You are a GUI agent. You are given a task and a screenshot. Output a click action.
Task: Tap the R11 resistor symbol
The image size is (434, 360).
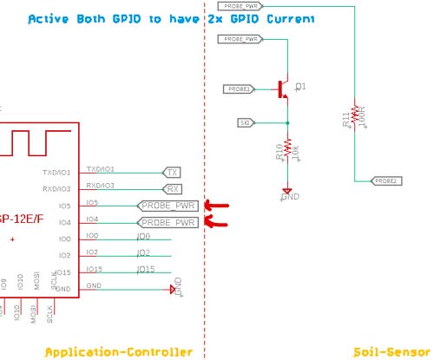[x=355, y=120]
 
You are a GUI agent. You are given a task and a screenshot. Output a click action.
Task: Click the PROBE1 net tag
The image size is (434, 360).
[x=239, y=88]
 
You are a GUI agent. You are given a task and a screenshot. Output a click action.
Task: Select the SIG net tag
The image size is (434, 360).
[x=245, y=123]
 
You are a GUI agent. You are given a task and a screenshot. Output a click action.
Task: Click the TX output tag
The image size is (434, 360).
[x=173, y=173]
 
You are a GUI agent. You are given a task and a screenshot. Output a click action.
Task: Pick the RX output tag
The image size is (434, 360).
[x=173, y=189]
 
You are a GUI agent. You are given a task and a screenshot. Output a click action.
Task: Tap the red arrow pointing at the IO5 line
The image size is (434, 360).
[x=214, y=206]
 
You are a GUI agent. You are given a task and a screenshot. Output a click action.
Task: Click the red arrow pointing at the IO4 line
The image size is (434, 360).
[x=214, y=223]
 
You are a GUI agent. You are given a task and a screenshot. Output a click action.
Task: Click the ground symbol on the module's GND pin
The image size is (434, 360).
[x=174, y=289]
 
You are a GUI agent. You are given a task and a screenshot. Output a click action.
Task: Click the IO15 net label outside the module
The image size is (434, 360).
[x=146, y=270]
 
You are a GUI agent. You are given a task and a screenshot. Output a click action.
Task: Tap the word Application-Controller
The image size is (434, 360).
[x=118, y=351]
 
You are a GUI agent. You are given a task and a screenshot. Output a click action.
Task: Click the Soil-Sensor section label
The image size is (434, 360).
[x=393, y=351]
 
